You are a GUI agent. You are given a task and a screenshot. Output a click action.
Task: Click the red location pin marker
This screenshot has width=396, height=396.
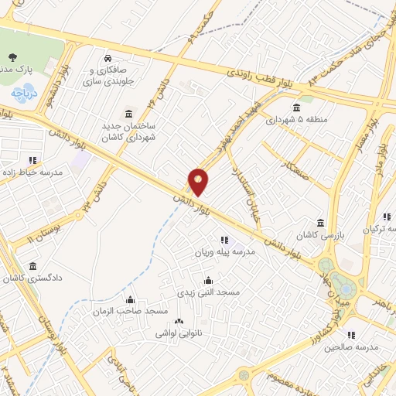(x=199, y=181)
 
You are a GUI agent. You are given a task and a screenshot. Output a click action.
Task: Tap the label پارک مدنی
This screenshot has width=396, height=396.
(x=15, y=70)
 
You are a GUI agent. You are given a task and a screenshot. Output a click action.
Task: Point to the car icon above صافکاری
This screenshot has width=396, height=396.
(x=108, y=59)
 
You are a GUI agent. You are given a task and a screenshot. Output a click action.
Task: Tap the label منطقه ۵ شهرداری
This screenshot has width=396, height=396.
(x=297, y=120)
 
